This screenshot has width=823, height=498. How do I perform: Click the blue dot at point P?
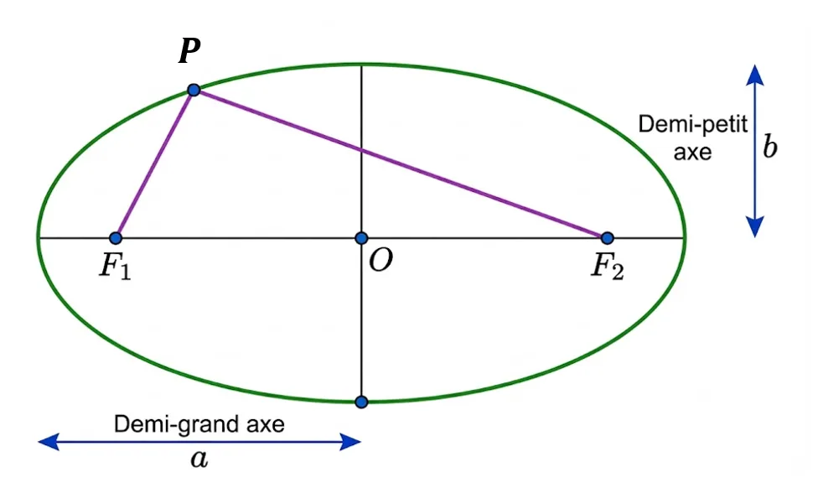pos(194,90)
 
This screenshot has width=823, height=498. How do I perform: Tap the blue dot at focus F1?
pos(116,238)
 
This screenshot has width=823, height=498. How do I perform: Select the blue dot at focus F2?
pos(608,238)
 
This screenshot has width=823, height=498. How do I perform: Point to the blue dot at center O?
pos(361,238)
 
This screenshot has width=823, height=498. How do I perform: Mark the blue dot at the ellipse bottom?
pos(361,402)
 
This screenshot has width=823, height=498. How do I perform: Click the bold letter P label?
pos(189,51)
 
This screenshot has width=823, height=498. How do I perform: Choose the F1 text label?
pos(116,267)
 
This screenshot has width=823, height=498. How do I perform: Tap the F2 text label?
pos(608,267)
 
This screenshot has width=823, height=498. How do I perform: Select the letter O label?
pos(380,260)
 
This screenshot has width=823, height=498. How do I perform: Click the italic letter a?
pos(199,459)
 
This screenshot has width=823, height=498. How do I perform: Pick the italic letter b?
pos(769,147)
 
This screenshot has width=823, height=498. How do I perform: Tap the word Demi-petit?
pos(693,125)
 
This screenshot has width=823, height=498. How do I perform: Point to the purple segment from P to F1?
pos(155,163)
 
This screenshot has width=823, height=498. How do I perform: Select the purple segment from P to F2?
pos(401,163)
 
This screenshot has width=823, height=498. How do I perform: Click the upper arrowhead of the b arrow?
pos(755,75)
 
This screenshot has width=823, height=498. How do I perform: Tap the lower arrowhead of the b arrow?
pos(755,227)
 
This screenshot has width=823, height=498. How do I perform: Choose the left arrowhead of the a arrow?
pos(49,442)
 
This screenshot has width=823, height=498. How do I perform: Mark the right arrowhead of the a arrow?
pos(350,442)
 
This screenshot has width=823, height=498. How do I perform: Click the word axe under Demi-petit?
pos(693,153)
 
